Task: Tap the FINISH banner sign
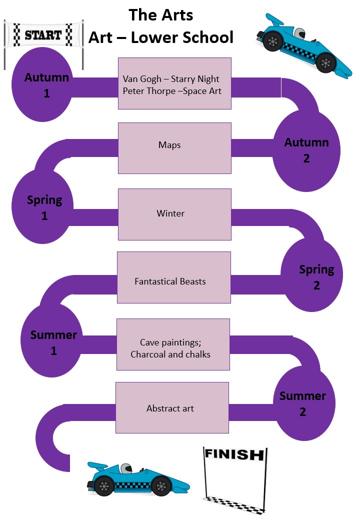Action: pos(233,454)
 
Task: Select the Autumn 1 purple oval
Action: pos(46,85)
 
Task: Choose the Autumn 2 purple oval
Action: pos(306,150)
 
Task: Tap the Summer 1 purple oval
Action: pos(53,342)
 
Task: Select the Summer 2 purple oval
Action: pos(302,404)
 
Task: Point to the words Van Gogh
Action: pos(142,79)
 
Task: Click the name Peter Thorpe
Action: pos(145,91)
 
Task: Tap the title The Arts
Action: pos(160,15)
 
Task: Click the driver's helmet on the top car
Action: pos(298,34)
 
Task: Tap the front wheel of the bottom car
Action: pos(161,485)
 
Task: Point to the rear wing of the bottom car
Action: pos(97,467)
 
